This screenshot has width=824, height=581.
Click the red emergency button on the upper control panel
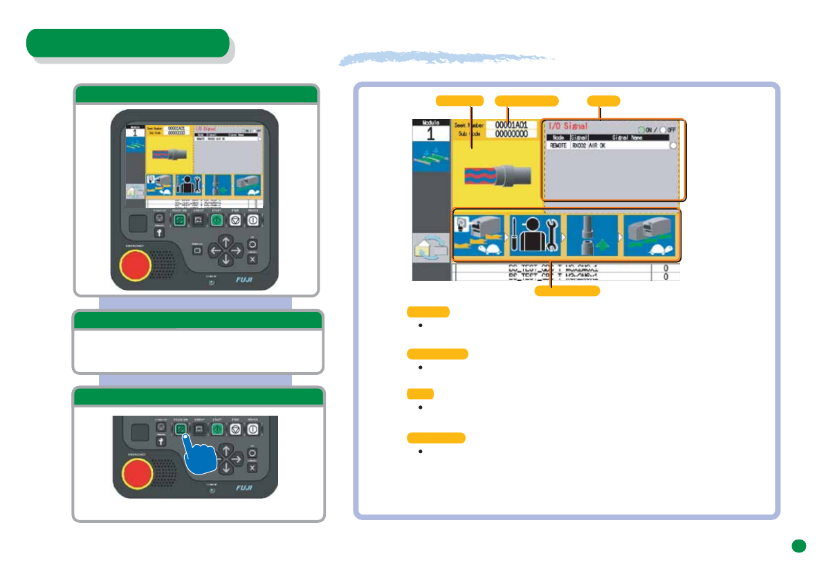(136, 264)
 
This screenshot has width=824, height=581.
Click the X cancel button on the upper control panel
(252, 259)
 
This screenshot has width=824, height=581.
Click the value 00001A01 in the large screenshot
(511, 124)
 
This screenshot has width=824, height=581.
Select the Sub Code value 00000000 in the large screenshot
(511, 133)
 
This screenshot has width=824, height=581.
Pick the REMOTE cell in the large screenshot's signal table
(558, 146)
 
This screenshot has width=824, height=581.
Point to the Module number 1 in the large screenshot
(430, 133)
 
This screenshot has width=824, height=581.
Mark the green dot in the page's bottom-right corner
(798, 546)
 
